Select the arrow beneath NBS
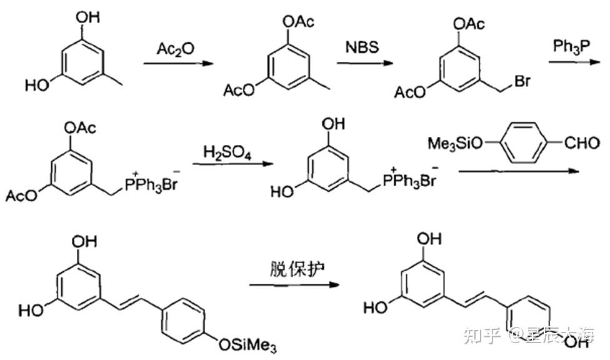[365, 62]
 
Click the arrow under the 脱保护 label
[294, 285]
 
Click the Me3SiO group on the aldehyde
[456, 144]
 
